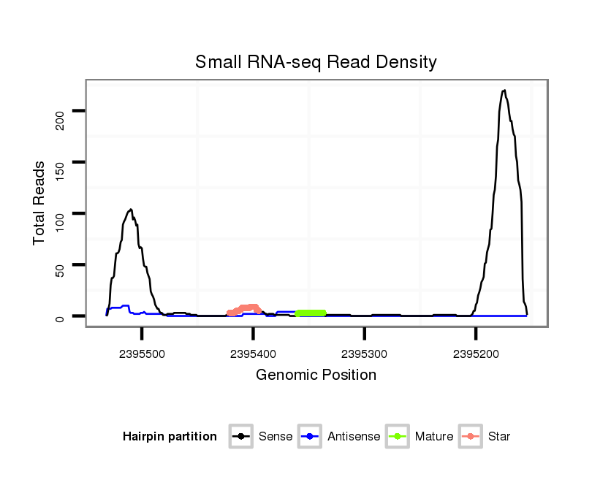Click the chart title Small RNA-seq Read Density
point(316,62)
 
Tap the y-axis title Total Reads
point(40,202)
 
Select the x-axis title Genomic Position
point(316,375)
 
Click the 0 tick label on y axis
point(61,317)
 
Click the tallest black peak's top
point(504,91)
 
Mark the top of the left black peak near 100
point(130,210)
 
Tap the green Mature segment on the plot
point(311,313)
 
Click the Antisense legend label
point(354,437)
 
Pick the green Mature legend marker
point(398,437)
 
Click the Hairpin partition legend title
point(170,437)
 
